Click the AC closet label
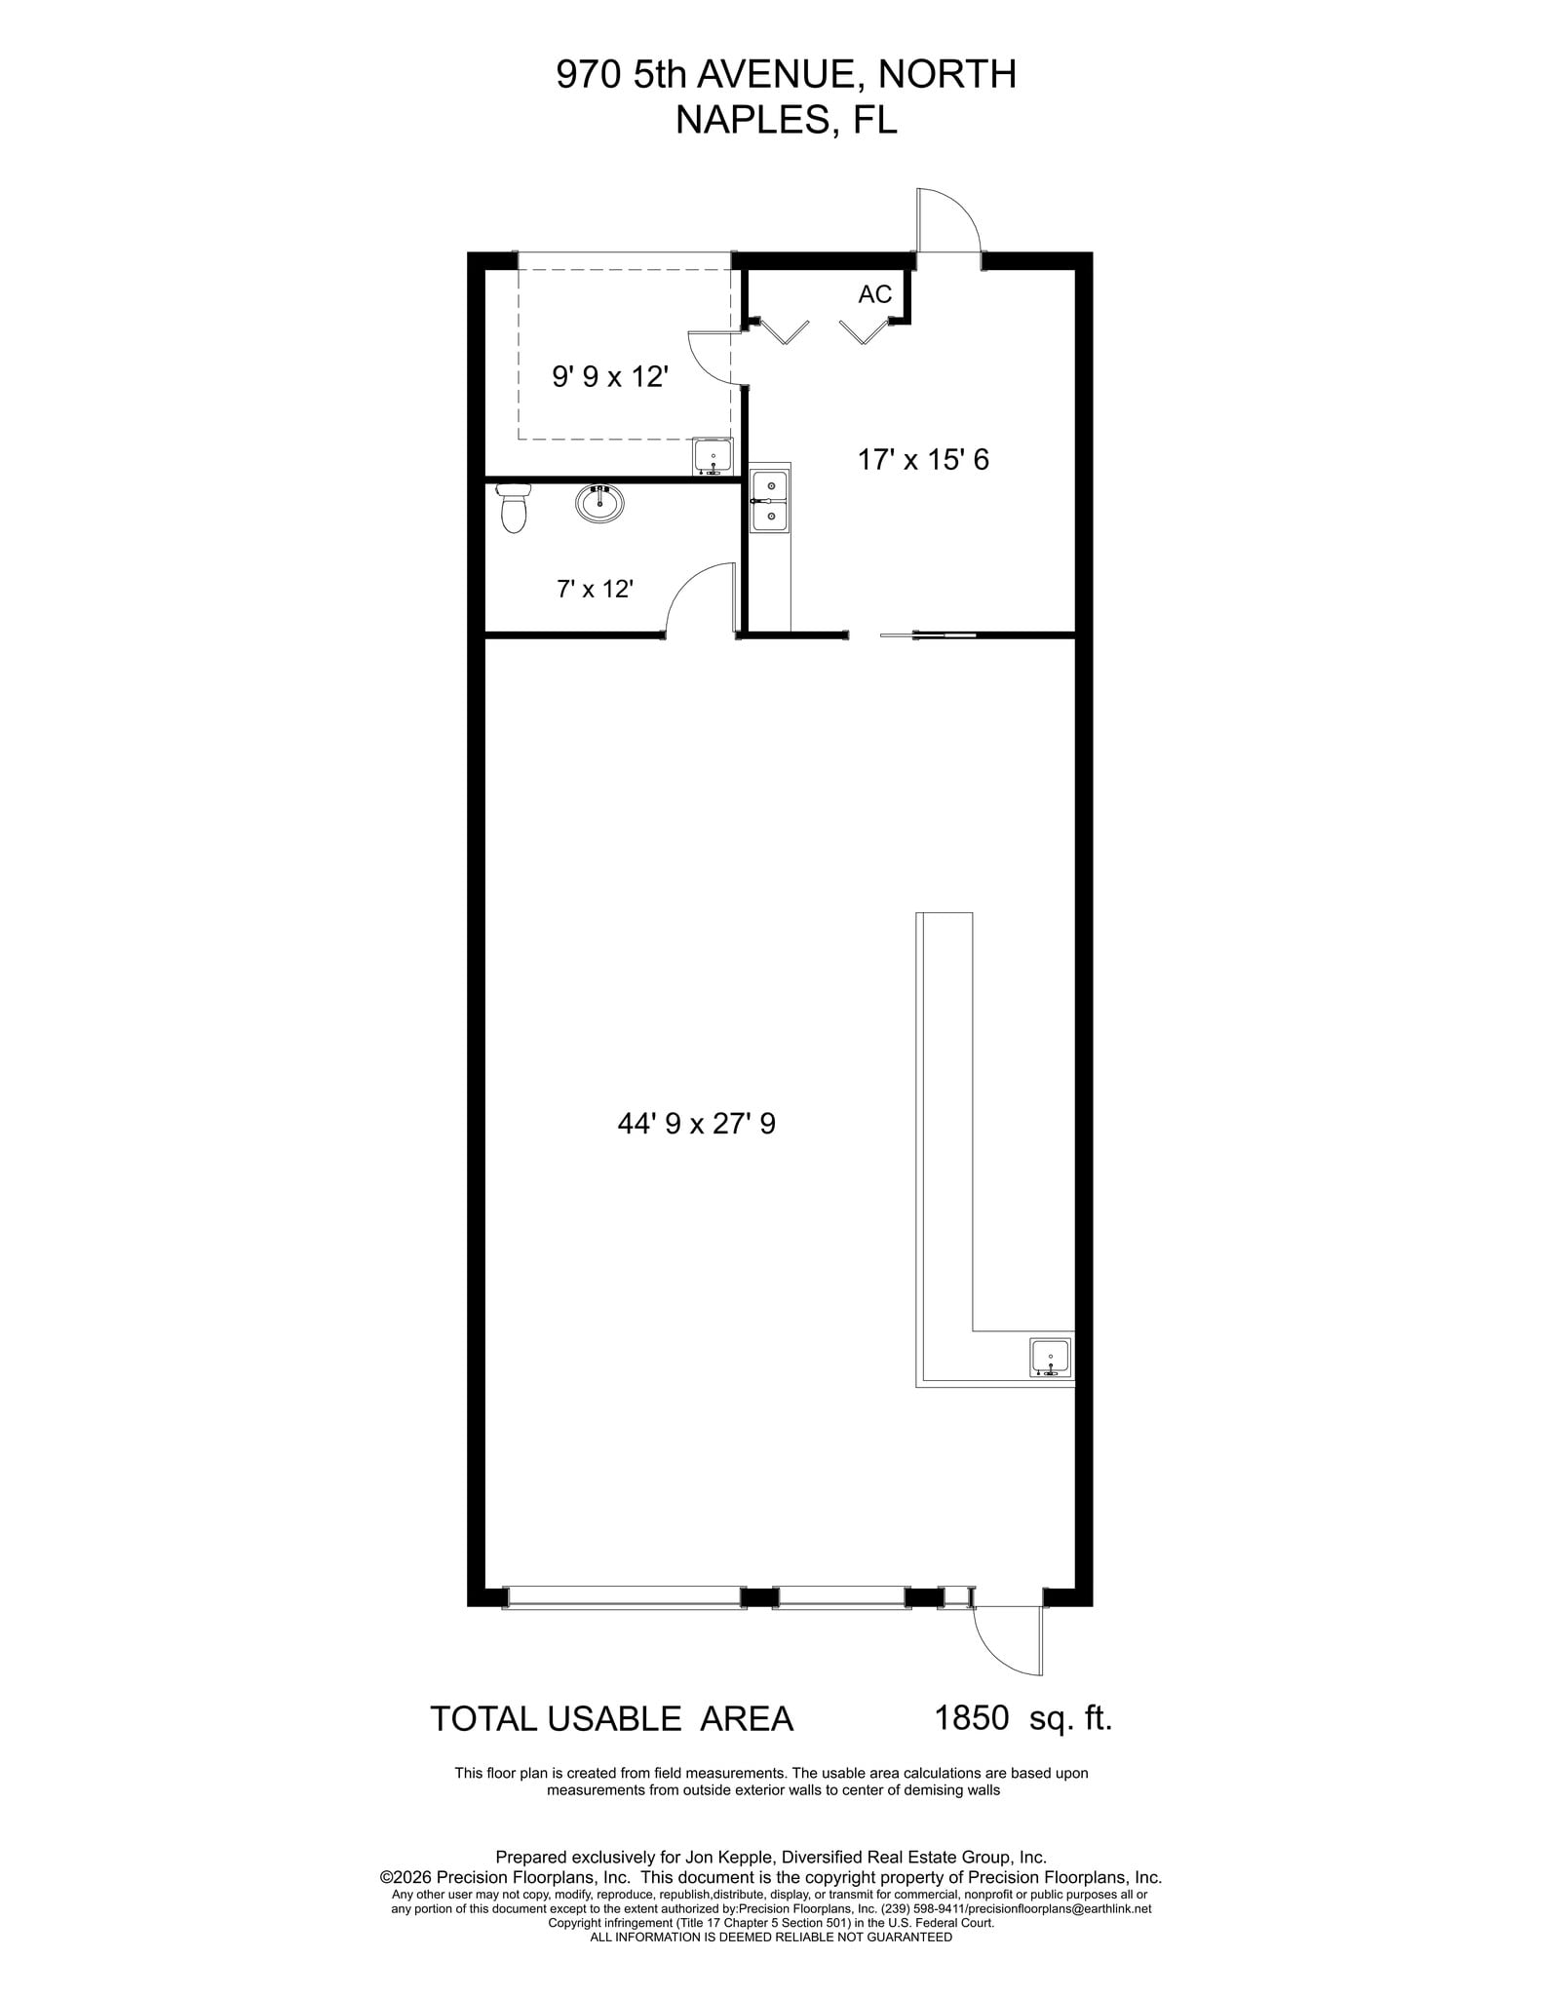point(874,294)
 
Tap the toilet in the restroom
point(513,508)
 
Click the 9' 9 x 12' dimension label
point(610,377)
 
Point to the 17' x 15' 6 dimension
point(923,460)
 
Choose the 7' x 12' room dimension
point(596,589)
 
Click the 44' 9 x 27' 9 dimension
point(696,1125)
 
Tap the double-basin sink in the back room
point(770,500)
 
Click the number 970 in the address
point(589,75)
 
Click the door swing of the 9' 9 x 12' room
point(710,357)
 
